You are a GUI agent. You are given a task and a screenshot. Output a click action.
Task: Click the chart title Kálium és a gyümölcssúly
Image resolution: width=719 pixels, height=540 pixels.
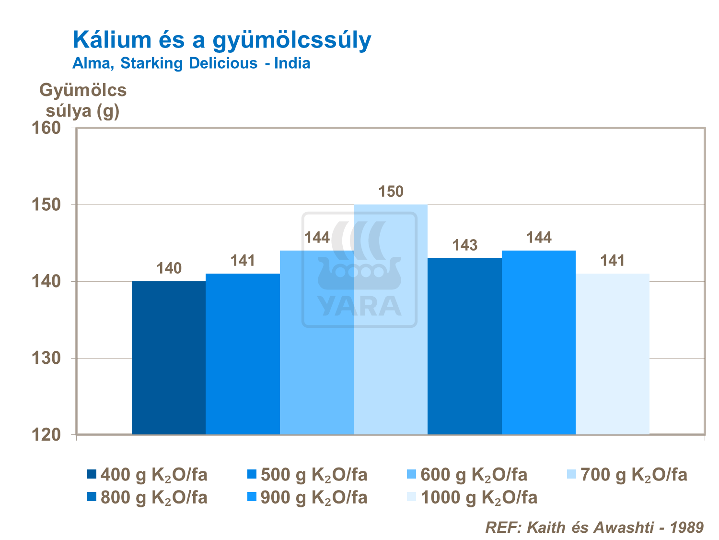coord(222,40)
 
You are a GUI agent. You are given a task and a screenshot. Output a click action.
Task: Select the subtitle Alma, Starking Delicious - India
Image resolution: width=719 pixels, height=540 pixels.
coord(191,63)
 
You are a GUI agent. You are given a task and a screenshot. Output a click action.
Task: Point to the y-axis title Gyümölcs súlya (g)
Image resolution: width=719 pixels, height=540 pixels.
coord(83,100)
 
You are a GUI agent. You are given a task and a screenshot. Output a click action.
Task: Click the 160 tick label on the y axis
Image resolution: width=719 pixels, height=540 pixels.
coord(46,128)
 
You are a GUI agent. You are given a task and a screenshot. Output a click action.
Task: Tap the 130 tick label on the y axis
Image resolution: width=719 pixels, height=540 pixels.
coord(46,358)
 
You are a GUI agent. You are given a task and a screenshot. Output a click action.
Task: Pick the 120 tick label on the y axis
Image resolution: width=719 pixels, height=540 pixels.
coord(46,435)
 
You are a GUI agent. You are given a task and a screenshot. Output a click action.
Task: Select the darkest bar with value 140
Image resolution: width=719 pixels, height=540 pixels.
coord(169,358)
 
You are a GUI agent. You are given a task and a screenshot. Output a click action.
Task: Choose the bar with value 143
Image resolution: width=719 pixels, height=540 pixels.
coord(464,346)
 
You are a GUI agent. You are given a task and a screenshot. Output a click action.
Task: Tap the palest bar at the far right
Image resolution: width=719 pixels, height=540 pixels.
coord(613,354)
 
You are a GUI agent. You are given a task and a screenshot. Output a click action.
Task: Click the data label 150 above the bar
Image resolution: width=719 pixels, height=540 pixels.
coord(391,192)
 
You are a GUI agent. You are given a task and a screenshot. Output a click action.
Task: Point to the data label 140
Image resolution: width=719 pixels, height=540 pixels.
coord(169,268)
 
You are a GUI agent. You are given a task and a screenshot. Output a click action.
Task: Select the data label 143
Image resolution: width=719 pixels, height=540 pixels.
coord(464,246)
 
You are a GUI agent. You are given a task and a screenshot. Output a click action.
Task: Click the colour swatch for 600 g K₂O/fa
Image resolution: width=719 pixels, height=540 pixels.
coord(411,475)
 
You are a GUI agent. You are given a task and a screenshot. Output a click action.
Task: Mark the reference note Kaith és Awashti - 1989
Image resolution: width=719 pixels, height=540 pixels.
coord(594,528)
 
